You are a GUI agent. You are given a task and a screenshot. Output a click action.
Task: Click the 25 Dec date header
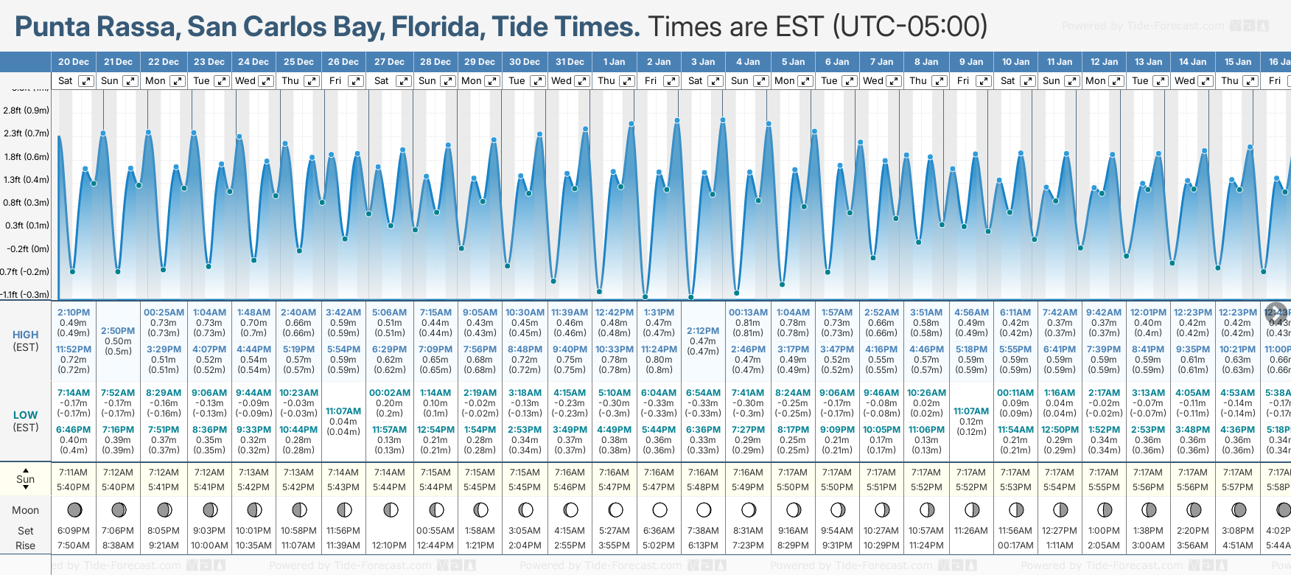click(x=298, y=62)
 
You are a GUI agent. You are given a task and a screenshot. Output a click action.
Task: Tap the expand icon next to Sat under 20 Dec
click(x=86, y=81)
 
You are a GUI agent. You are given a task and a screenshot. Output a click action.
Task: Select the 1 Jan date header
click(x=614, y=62)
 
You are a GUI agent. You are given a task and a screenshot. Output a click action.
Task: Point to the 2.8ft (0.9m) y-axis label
click(x=26, y=111)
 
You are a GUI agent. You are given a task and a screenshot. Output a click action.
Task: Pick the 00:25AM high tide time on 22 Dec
click(x=164, y=313)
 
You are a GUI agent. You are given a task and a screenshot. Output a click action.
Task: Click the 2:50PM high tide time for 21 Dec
click(x=118, y=331)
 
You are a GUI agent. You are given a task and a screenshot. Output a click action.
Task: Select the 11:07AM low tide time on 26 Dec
click(x=343, y=411)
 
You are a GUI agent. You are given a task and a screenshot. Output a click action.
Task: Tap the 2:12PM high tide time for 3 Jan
click(x=703, y=331)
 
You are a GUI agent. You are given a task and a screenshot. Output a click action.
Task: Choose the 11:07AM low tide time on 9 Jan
click(x=971, y=411)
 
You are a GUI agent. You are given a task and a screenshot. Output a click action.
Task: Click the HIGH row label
click(x=25, y=335)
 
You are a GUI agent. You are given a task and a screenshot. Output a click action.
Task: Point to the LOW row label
click(x=25, y=415)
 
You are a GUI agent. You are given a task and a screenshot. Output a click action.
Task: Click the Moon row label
click(x=25, y=510)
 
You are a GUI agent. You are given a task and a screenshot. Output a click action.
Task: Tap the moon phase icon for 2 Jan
click(x=660, y=509)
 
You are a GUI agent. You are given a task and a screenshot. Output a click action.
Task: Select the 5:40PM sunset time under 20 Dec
click(x=73, y=487)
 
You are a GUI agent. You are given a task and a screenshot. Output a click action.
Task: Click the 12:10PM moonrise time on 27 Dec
click(x=389, y=546)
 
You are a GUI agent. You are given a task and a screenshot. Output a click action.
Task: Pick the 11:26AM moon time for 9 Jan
click(x=971, y=531)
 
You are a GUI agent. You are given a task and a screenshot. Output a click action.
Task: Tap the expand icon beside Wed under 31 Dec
click(x=582, y=81)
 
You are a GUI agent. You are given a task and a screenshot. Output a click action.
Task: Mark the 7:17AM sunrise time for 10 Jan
click(x=1015, y=473)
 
